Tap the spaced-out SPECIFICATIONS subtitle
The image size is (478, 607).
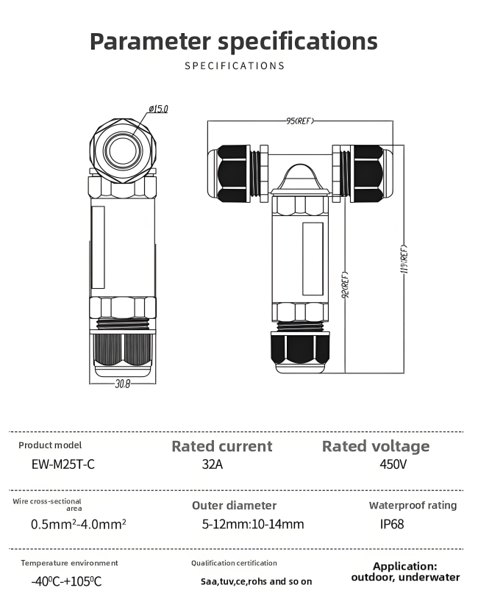tap(234, 65)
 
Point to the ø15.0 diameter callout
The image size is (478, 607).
tap(158, 109)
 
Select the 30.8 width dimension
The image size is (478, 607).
tap(122, 384)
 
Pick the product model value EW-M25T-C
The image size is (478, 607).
tap(63, 464)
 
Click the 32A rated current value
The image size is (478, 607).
tap(213, 464)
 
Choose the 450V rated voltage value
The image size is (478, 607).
tap(393, 464)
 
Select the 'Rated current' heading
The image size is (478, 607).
tap(221, 446)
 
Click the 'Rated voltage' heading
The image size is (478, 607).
tap(376, 446)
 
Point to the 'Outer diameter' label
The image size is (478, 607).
tap(234, 506)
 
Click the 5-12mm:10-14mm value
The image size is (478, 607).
tap(252, 524)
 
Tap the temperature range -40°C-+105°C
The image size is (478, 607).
tap(66, 581)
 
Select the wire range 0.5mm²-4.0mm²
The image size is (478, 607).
tap(79, 524)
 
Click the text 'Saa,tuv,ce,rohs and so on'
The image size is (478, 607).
tap(256, 581)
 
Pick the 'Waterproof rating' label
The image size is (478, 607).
tap(413, 505)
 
